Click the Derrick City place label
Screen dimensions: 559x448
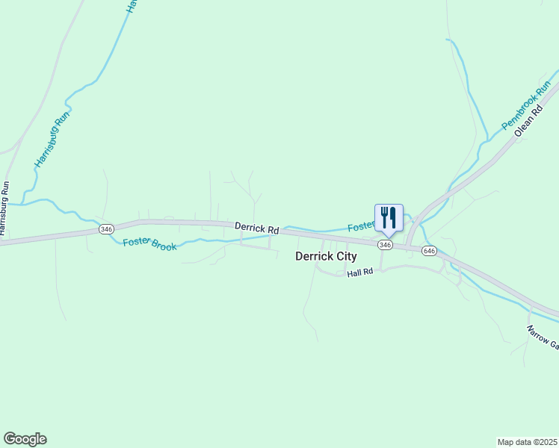[326, 256]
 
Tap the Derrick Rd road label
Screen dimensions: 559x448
[256, 227]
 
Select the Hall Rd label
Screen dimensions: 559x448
[359, 274]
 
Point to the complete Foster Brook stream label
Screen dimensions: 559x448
[149, 243]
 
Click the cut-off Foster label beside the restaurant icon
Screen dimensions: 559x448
[360, 225]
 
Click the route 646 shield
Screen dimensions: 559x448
[428, 251]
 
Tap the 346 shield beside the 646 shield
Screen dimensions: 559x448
[385, 245]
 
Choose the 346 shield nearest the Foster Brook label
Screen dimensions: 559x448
[105, 229]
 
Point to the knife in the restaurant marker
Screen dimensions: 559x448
[393, 217]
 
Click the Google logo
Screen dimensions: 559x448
[25, 439]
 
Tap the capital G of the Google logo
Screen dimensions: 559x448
[10, 439]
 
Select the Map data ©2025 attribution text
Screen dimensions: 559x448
[528, 441]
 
